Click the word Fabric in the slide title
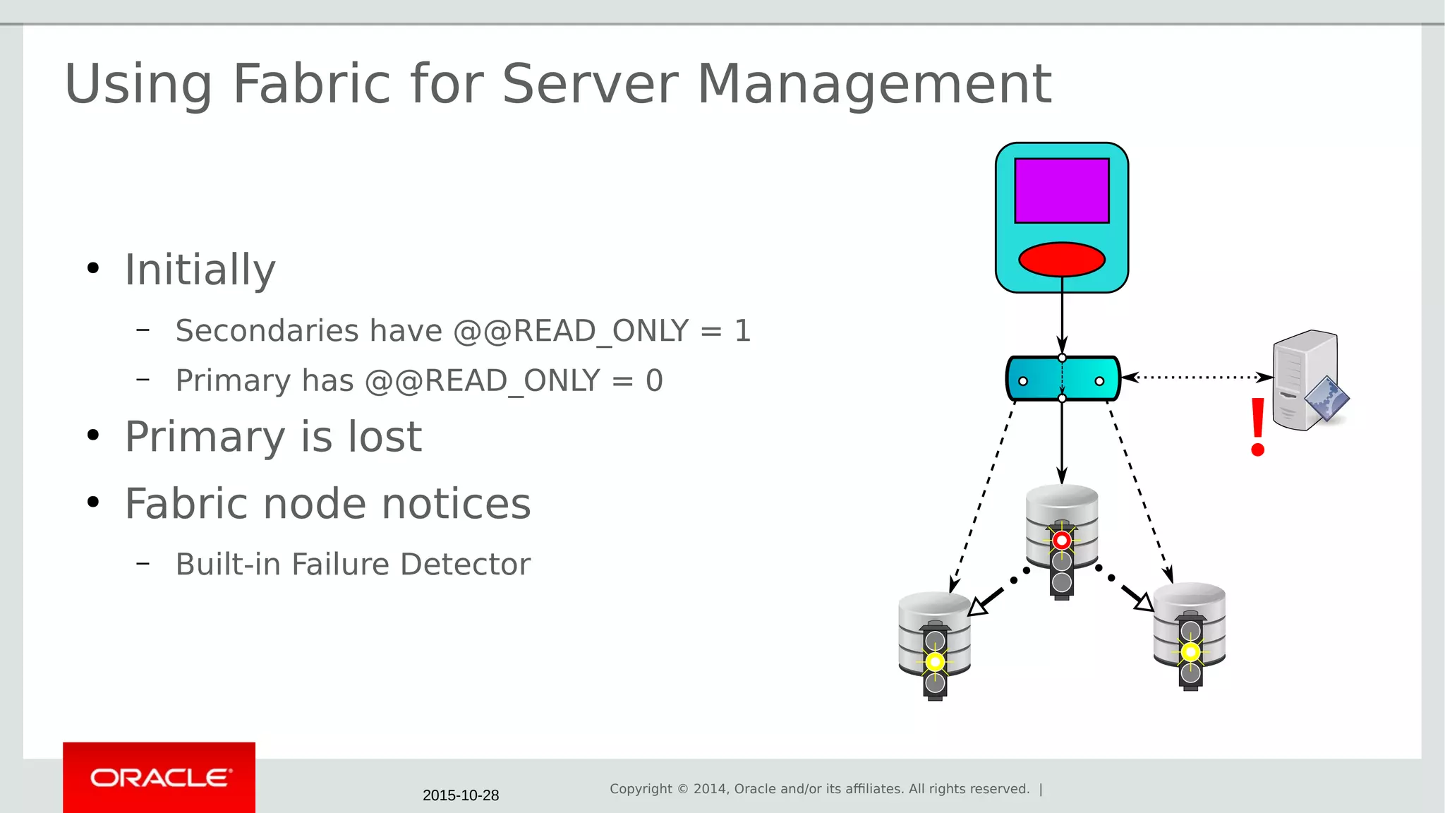click(x=311, y=84)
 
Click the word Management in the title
click(x=874, y=84)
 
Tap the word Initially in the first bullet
click(x=200, y=270)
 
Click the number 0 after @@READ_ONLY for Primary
click(x=654, y=381)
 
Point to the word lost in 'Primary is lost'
click(x=385, y=437)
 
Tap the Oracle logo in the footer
click(x=159, y=778)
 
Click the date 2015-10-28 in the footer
click(x=461, y=795)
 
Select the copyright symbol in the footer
click(x=682, y=789)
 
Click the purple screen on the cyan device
click(x=1061, y=191)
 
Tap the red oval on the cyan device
click(x=1061, y=259)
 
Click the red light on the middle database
click(x=1062, y=541)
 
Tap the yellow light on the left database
click(x=935, y=662)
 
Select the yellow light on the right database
click(x=1190, y=652)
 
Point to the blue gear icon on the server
click(x=1326, y=399)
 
